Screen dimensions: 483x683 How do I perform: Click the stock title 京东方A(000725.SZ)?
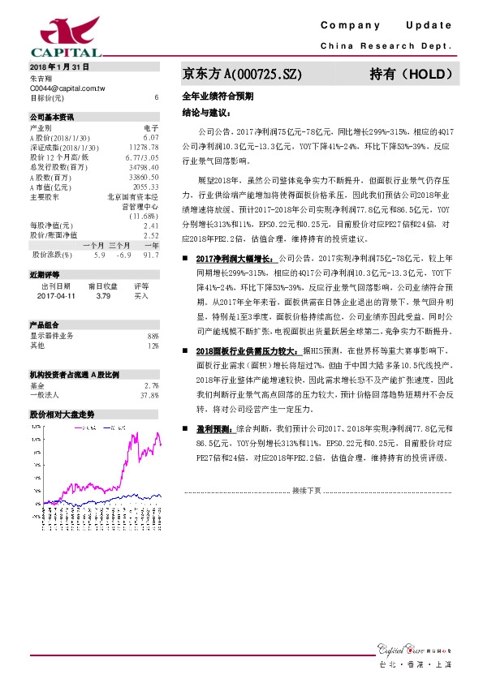pos(243,74)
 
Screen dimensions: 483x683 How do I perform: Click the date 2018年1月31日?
pos(58,67)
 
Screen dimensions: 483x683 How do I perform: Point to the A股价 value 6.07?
pos(150,138)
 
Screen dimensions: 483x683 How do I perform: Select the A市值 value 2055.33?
pos(144,187)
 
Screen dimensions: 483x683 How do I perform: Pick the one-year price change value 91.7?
pos(150,255)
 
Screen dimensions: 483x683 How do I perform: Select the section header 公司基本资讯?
pos(51,118)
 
